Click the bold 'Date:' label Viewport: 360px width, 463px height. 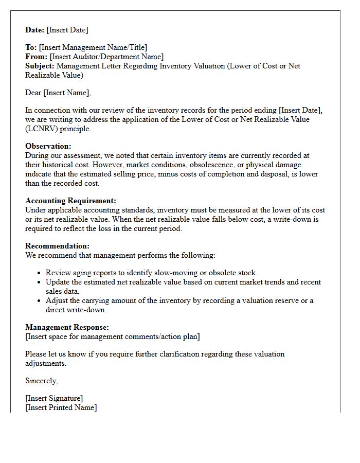(x=35, y=30)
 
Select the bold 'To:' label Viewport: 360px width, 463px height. (x=31, y=47)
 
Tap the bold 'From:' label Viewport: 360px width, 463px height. (x=37, y=57)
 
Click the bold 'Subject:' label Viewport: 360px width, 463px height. (x=40, y=66)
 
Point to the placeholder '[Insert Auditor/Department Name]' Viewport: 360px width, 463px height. (x=106, y=57)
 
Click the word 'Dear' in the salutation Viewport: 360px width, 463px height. (x=33, y=93)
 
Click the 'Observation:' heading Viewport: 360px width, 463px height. (x=48, y=146)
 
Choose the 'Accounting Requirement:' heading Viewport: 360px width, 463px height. (x=70, y=201)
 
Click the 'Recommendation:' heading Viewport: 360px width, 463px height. (x=57, y=246)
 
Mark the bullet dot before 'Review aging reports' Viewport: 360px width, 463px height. (x=40, y=273)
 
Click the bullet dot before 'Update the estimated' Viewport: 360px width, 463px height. (x=40, y=282)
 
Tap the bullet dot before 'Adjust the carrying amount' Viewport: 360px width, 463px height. (x=40, y=301)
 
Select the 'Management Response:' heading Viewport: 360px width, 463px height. (x=67, y=327)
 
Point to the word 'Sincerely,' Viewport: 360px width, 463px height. (x=42, y=381)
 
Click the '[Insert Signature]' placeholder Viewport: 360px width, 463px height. (x=54, y=398)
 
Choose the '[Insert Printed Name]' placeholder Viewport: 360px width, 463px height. (x=61, y=407)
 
